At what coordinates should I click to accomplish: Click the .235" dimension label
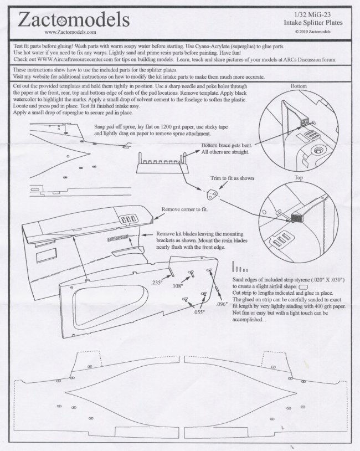(x=157, y=283)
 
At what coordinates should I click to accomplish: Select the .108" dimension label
(x=177, y=286)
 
